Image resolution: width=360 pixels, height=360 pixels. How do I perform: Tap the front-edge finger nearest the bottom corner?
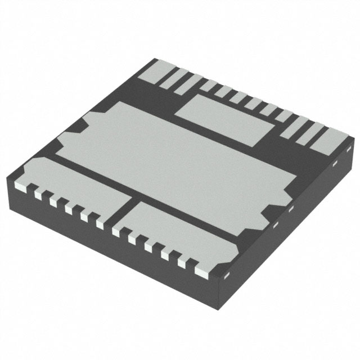coord(200,271)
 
